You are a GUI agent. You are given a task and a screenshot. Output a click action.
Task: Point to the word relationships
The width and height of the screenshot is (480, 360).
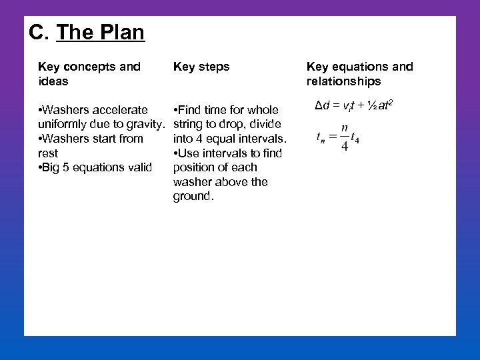(x=343, y=81)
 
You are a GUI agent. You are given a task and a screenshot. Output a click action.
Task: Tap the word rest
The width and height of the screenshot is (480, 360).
(x=48, y=153)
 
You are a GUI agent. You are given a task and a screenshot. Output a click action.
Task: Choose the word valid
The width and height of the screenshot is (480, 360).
(x=139, y=167)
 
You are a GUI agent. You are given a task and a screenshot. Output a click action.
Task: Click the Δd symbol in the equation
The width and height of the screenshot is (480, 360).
(x=323, y=105)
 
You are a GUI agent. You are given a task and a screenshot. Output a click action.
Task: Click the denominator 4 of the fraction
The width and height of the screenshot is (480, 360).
(x=344, y=146)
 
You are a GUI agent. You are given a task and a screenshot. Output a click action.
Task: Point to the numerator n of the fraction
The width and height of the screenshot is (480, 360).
(x=344, y=128)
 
